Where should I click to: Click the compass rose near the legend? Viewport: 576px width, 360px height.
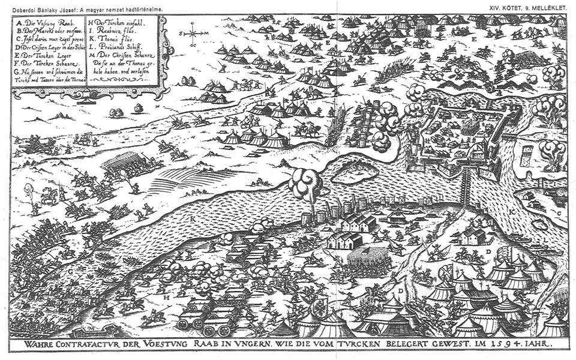pyautogui.click(x=193, y=34)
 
